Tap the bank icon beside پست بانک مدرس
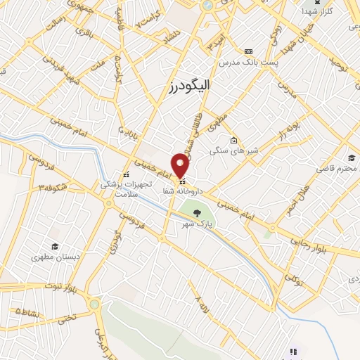coord(247,51)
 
